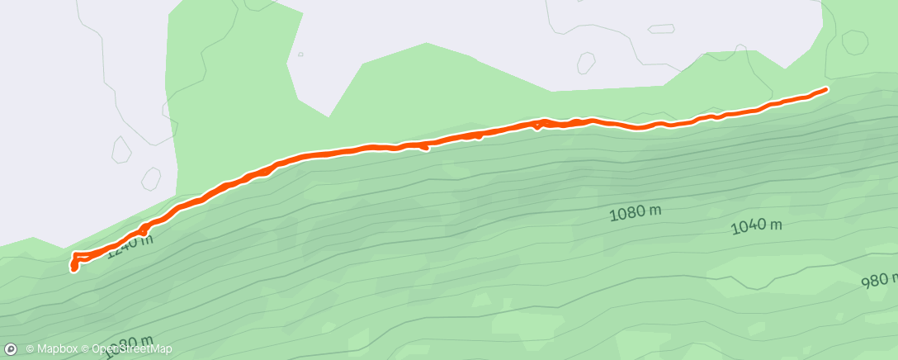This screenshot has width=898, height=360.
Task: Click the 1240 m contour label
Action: [x=130, y=244]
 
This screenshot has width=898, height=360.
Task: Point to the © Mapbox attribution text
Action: [x=51, y=349]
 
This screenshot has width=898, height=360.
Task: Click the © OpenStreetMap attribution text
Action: [x=126, y=349]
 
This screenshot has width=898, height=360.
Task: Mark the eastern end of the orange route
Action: [x=826, y=88]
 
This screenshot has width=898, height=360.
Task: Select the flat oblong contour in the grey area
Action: [x=660, y=29]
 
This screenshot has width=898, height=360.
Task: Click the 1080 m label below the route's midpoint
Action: [x=636, y=214]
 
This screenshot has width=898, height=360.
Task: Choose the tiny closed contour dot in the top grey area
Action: [x=300, y=54]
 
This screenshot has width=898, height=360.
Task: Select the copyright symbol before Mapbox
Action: [x=30, y=349]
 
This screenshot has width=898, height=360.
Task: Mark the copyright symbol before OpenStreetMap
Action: [x=86, y=349]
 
